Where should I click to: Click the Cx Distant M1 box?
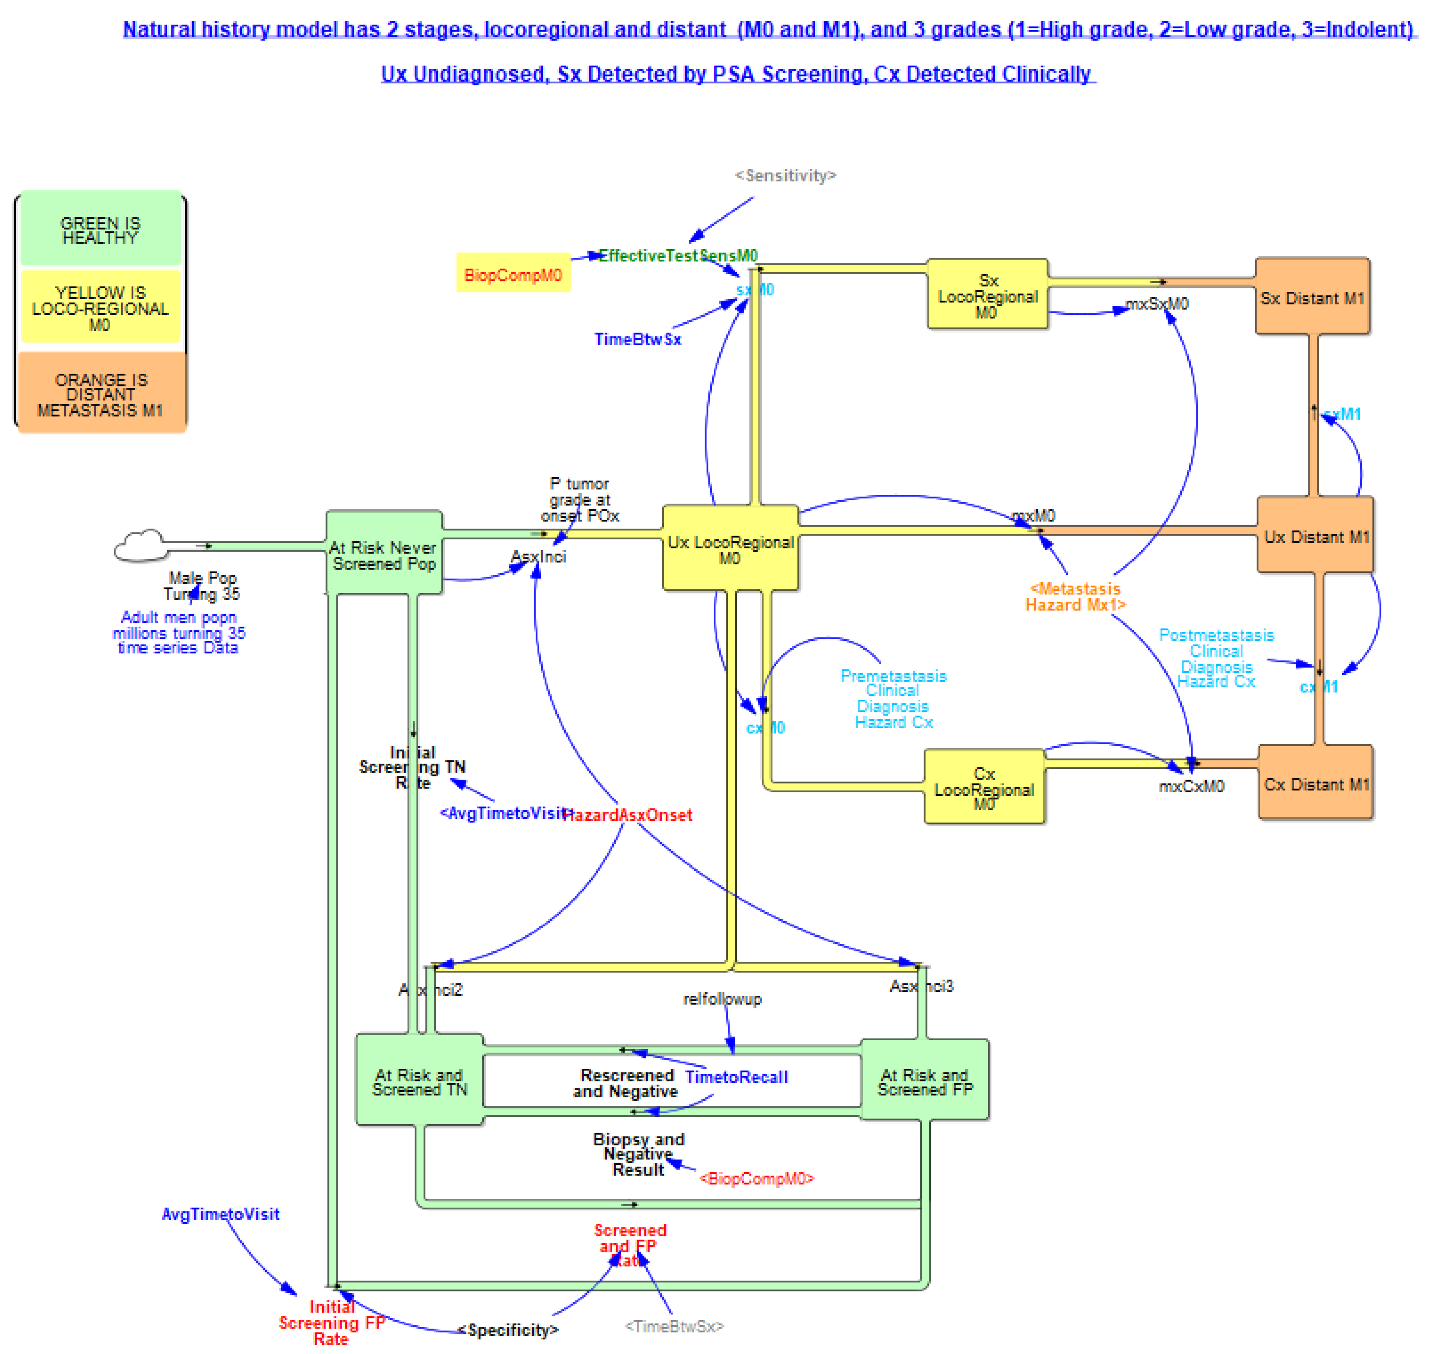[1315, 783]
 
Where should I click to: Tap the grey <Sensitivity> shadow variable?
[785, 175]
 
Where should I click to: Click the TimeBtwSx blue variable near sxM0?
[637, 339]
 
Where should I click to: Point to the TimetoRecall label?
[736, 1077]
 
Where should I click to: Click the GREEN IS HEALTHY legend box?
[100, 230]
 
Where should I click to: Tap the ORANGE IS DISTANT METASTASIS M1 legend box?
[100, 394]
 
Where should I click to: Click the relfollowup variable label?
[722, 999]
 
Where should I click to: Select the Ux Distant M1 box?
[1315, 536]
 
